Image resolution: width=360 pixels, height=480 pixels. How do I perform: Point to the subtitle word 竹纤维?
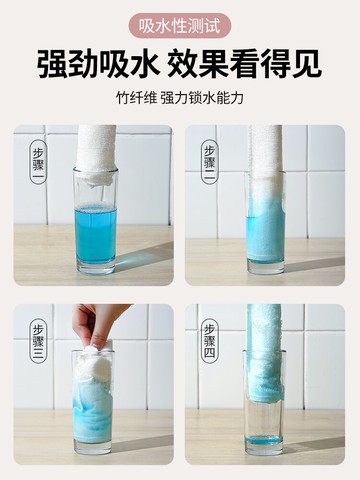pos(135,101)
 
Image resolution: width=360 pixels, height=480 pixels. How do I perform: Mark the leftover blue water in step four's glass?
pos(265,440)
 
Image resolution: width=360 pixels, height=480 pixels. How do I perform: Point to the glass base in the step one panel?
pos(95,268)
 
